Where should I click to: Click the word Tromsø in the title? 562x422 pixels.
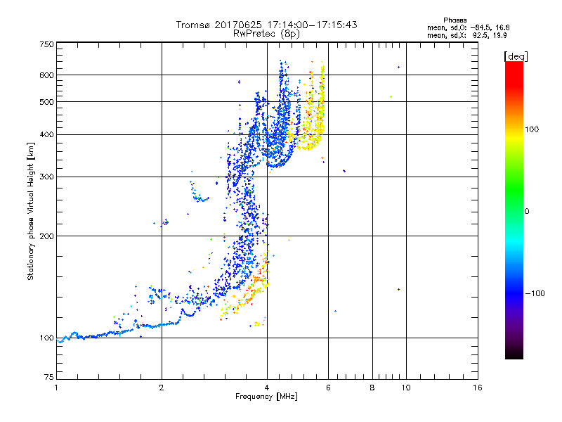click(191, 25)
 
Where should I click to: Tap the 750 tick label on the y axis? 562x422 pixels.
click(46, 44)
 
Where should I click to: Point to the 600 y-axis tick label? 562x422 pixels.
click(46, 75)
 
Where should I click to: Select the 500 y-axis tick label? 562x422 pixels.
click(46, 102)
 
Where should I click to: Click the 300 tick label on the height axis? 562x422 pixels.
click(46, 177)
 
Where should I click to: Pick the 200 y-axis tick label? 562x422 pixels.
click(46, 236)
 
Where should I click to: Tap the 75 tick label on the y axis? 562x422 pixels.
click(48, 378)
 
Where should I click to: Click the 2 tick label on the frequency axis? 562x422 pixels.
click(162, 388)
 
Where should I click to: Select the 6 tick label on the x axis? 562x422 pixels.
click(328, 388)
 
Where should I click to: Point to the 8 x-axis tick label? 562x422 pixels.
click(372, 388)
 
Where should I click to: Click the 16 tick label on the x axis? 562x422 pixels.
click(478, 388)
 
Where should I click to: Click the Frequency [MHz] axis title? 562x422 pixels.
click(266, 397)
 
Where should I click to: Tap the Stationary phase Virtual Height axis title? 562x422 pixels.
click(31, 211)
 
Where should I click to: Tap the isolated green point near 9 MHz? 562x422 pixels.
click(391, 96)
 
